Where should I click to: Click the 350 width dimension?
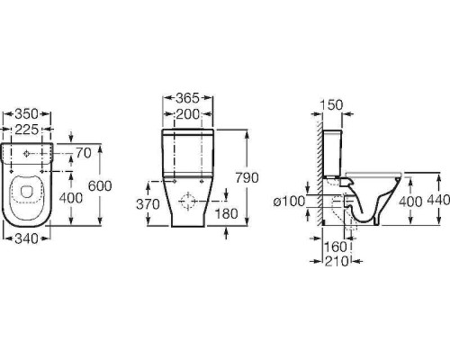(27, 114)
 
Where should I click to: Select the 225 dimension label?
(27, 130)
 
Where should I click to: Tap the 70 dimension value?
(83, 153)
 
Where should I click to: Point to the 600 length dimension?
(100, 186)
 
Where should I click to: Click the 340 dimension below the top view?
(27, 238)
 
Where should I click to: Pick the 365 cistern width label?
(187, 98)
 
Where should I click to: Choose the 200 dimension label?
(187, 114)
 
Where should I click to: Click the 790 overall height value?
(247, 177)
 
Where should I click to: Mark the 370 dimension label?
(148, 204)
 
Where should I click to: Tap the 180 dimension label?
(227, 213)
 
